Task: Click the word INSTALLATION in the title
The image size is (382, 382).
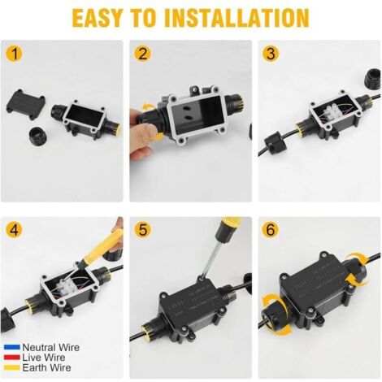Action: pyautogui.click(x=237, y=18)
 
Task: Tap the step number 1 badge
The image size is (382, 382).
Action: pyautogui.click(x=14, y=54)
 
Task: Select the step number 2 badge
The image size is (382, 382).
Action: pyautogui.click(x=142, y=54)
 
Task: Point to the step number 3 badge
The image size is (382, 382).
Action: pyautogui.click(x=271, y=54)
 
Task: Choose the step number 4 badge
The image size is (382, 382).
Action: pyautogui.click(x=14, y=230)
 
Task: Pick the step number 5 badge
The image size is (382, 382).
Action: pyautogui.click(x=142, y=229)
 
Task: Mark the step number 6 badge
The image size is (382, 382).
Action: pyautogui.click(x=271, y=229)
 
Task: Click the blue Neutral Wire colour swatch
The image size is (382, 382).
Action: pyautogui.click(x=12, y=347)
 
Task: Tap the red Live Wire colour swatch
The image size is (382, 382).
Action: pyautogui.click(x=12, y=358)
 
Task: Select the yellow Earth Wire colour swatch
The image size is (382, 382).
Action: pyautogui.click(x=12, y=367)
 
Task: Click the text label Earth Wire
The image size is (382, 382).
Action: pyautogui.click(x=46, y=367)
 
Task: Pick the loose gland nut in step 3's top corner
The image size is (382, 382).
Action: pyautogui.click(x=373, y=80)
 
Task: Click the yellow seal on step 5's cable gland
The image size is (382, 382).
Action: pyautogui.click(x=148, y=334)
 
